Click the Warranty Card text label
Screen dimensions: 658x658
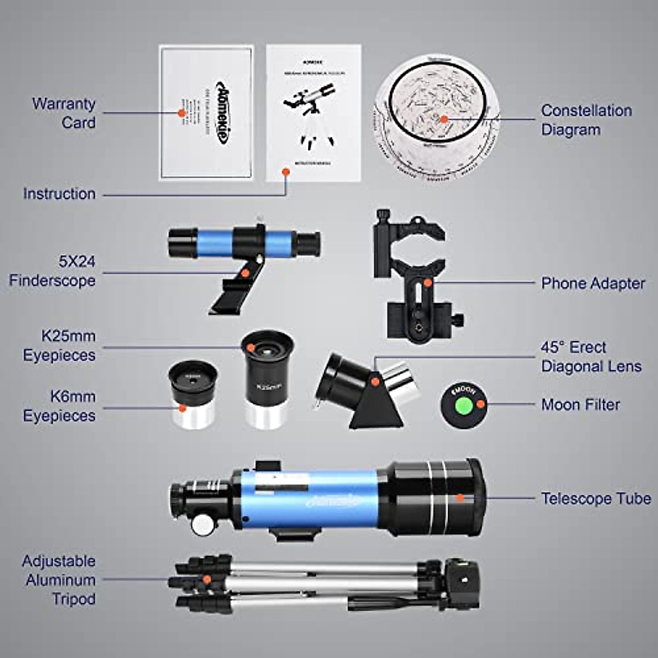[64, 113]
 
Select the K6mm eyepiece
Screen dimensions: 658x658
[193, 393]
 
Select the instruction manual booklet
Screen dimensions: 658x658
[313, 113]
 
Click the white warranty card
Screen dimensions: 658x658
[206, 113]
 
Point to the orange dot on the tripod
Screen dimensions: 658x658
[207, 579]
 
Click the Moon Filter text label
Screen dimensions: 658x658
[580, 405]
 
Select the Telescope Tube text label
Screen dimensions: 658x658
[595, 498]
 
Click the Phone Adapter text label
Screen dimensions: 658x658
[593, 283]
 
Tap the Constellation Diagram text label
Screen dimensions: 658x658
[586, 120]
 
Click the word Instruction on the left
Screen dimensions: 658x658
[59, 194]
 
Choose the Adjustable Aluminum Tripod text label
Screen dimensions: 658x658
[59, 580]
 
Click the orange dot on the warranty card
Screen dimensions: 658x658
[181, 113]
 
